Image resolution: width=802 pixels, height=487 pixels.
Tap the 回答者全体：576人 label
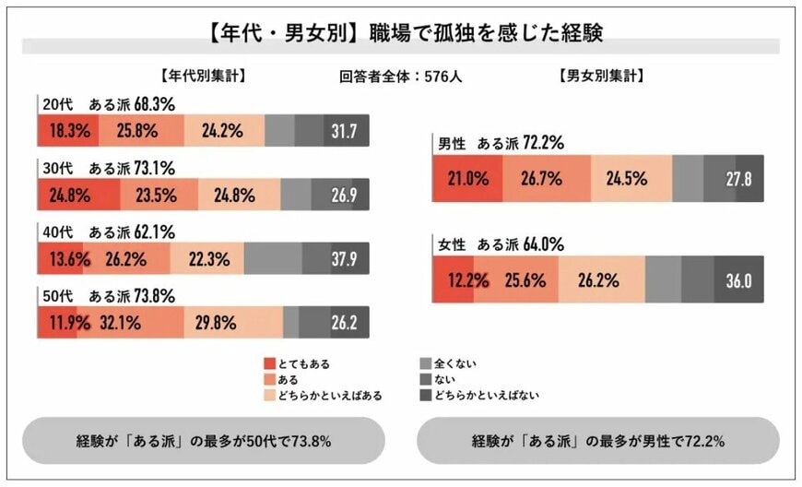400,77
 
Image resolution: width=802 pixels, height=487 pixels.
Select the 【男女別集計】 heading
602,77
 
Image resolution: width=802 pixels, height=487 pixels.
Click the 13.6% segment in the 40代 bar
60,259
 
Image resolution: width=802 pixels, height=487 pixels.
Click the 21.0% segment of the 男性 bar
467,179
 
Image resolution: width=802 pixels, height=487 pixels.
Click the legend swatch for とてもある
269,363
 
